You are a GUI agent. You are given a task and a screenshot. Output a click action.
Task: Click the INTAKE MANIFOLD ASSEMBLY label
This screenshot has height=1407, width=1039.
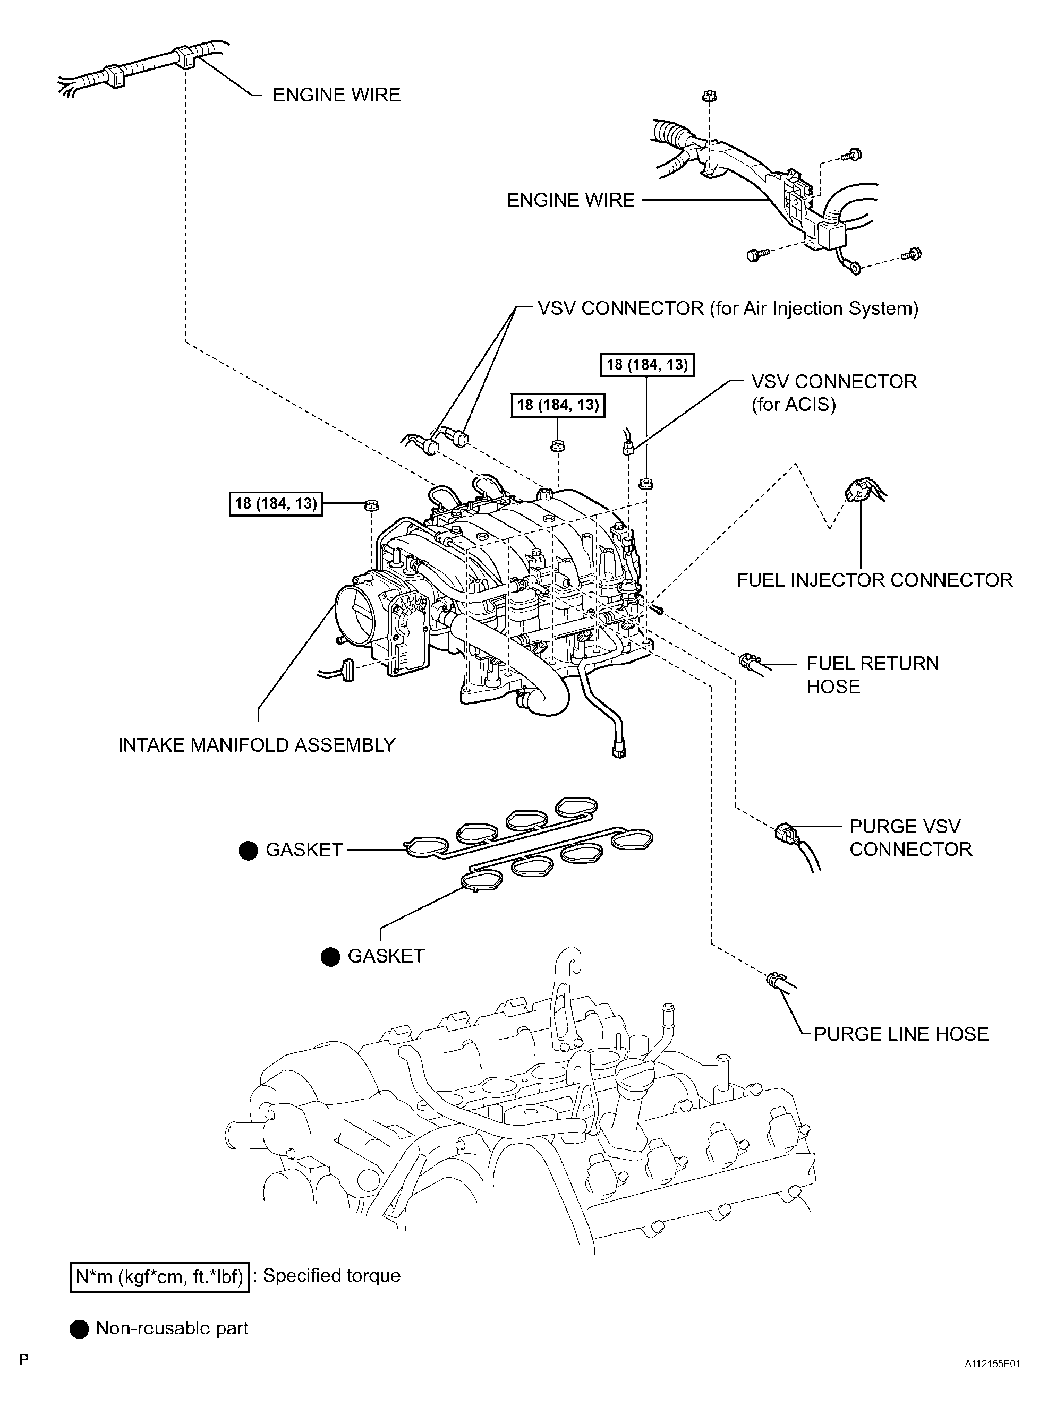257,745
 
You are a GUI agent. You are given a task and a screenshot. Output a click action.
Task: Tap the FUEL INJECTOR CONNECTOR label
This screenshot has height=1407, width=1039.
874,580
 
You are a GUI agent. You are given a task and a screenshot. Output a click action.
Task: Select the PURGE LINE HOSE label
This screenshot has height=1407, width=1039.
901,1034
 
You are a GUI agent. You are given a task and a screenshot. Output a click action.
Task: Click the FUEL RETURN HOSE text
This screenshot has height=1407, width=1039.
872,675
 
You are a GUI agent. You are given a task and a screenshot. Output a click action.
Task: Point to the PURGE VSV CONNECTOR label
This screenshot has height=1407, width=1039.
909,837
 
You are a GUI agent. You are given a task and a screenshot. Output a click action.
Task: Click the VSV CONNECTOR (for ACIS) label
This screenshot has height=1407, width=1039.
833,392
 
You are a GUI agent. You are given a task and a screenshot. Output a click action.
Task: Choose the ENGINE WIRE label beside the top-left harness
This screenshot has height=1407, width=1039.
336,95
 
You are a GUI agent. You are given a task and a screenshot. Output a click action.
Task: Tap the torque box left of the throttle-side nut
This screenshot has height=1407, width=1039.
276,503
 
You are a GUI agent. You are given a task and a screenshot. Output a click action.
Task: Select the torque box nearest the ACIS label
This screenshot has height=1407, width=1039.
646,365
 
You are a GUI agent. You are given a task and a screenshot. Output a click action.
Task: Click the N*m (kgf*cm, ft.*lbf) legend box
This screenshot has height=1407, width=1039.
159,1277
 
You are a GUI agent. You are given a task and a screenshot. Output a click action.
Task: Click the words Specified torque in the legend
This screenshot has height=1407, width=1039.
331,1276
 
